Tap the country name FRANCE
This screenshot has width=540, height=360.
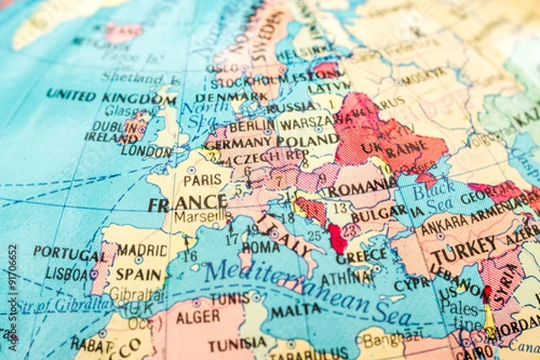[187, 203]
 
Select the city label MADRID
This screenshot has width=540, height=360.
[142, 249]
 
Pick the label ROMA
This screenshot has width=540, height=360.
[261, 246]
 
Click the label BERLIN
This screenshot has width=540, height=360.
[251, 126]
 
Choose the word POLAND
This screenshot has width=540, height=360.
[308, 142]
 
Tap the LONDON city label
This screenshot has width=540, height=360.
[146, 152]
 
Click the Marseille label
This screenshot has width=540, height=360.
[201, 217]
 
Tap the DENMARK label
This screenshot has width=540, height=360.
[231, 96]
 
